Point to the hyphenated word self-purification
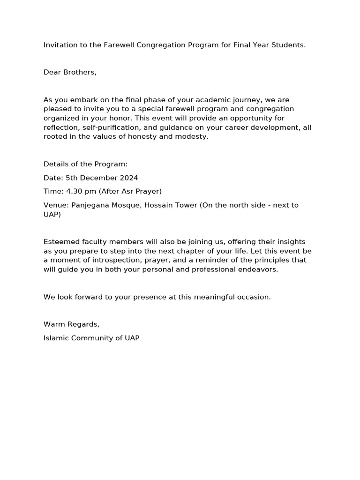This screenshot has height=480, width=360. pyautogui.click(x=106, y=127)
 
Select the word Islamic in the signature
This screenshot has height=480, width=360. pyautogui.click(x=56, y=338)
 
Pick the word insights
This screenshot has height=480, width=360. pyautogui.click(x=290, y=242)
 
